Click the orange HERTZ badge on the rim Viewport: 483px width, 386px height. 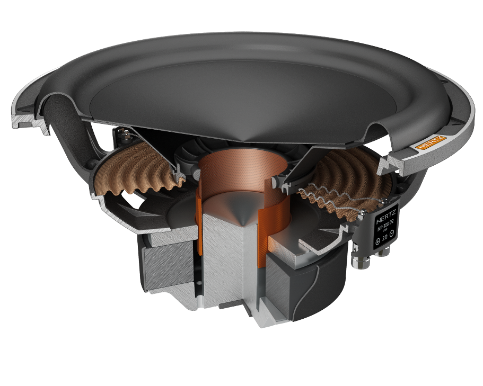430,141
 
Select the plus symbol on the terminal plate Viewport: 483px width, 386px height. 377,241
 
